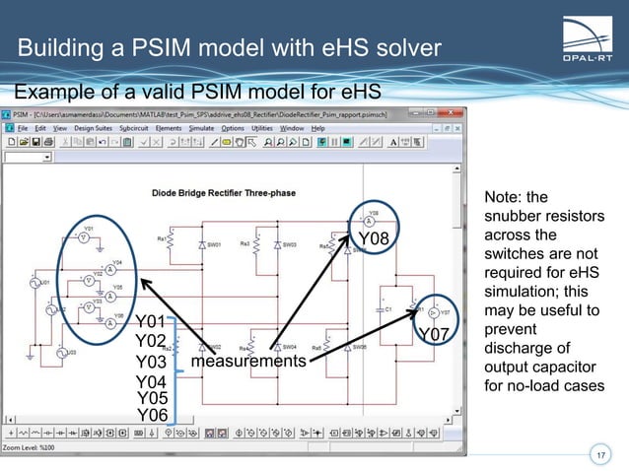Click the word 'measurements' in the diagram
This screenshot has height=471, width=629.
click(247, 362)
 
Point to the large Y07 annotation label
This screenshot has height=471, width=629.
click(436, 336)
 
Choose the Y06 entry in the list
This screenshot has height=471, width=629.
click(152, 416)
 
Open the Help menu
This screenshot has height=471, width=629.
click(318, 128)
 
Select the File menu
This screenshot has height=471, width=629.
click(24, 128)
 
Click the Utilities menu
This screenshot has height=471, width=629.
click(261, 128)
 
